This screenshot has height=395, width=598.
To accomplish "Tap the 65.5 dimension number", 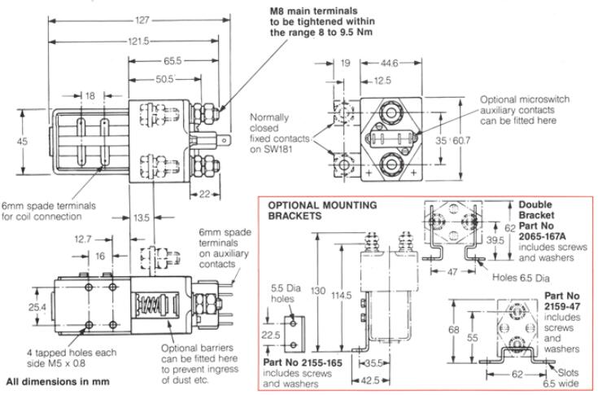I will (172, 60).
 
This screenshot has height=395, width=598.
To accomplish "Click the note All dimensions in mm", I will (52, 380).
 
